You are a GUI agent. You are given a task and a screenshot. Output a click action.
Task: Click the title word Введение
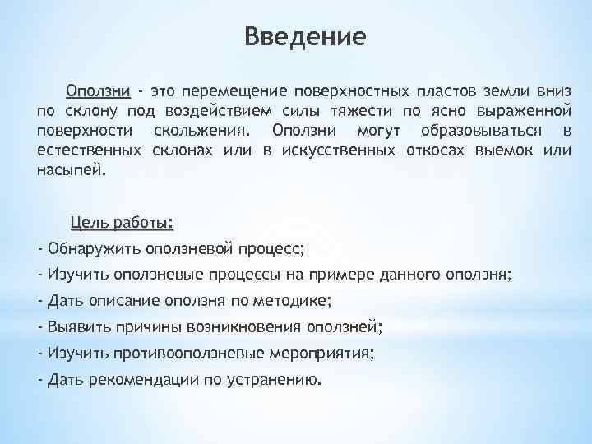point(305,37)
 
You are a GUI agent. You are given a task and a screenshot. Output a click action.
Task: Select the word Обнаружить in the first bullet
point(90,248)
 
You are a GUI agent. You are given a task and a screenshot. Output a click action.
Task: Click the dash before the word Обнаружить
point(41,248)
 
